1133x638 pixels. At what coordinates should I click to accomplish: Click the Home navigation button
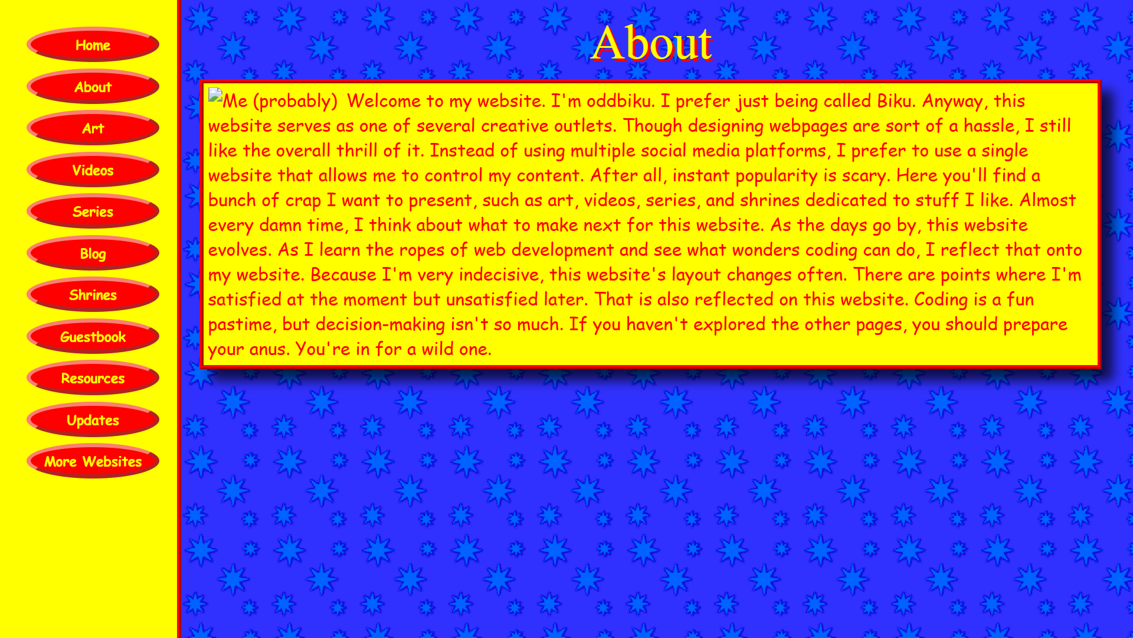93,45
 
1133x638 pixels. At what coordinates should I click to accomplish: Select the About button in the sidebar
93,87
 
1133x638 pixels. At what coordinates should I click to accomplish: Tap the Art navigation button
93,128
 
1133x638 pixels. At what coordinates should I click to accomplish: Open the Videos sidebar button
93,170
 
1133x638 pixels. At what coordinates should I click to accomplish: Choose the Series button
93,211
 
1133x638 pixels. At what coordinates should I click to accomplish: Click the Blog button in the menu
93,253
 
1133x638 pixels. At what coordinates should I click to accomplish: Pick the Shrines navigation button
93,295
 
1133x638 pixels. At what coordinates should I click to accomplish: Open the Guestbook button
93,337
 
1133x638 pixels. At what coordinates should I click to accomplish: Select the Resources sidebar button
93,378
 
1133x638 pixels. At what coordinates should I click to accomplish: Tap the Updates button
93,420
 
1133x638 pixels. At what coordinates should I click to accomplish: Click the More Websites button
93,461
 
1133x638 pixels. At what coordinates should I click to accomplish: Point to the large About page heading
652,43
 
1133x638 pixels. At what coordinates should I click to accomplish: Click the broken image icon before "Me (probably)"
215,96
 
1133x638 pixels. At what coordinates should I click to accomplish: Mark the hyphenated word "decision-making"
380,325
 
